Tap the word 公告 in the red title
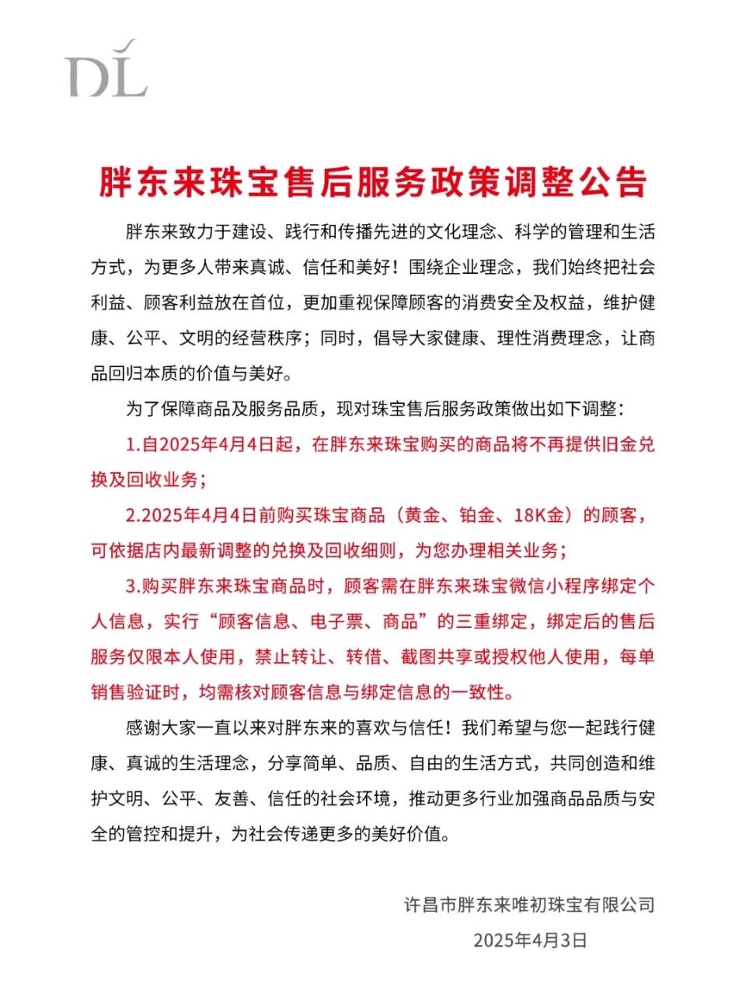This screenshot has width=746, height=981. (x=622, y=182)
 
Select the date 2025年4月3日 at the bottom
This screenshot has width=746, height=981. (x=529, y=940)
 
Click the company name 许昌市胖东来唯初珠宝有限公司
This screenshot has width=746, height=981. (x=529, y=904)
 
